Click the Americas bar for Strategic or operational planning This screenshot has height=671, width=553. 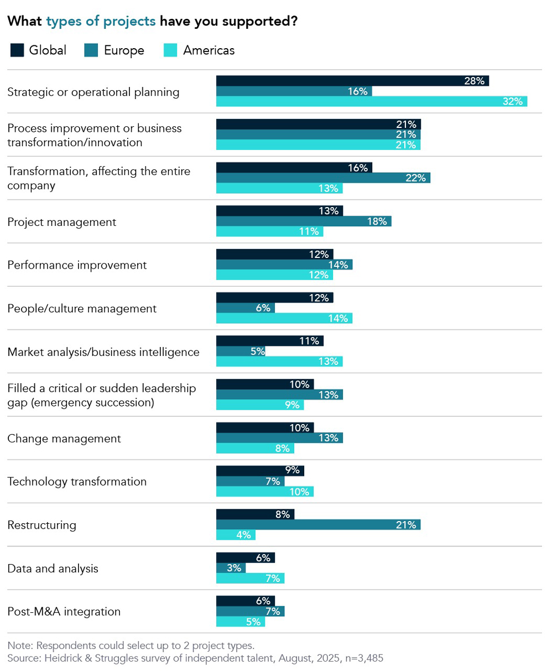[x=371, y=101]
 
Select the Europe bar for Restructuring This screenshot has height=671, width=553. [x=318, y=525]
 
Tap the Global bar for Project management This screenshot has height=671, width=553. [x=279, y=211]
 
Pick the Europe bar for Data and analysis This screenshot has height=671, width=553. [x=231, y=568]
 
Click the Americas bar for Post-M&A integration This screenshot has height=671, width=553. [x=240, y=622]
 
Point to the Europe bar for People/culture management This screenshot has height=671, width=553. [x=245, y=308]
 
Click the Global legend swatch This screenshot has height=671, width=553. [x=18, y=50]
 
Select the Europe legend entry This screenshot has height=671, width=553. [x=114, y=50]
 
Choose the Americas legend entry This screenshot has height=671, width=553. [x=199, y=50]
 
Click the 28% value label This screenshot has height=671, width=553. [x=474, y=81]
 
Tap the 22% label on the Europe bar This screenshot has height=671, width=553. [x=416, y=178]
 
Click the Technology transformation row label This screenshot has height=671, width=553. [x=77, y=482]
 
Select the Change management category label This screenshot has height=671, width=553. [x=64, y=438]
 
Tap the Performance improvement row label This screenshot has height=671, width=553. [x=77, y=265]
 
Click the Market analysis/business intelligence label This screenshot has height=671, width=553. [x=103, y=352]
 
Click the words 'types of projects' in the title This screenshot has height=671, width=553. [x=101, y=22]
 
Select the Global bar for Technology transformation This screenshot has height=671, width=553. [x=260, y=471]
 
